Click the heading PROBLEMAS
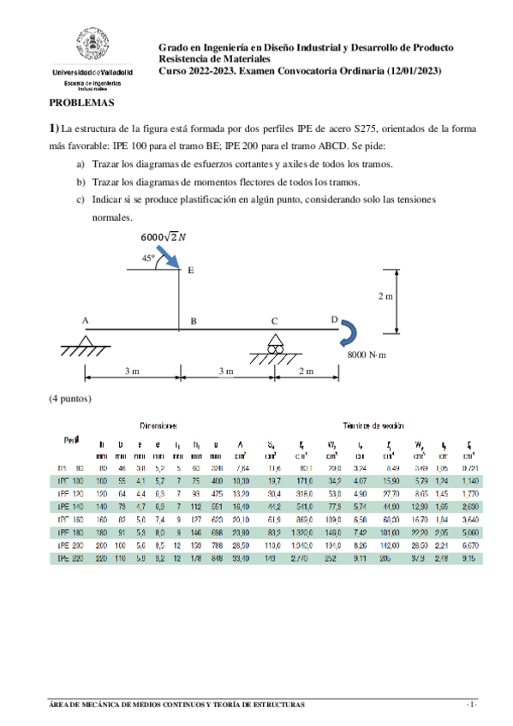click(81, 102)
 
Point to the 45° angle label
click(149, 257)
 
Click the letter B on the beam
click(194, 321)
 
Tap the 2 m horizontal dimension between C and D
click(306, 371)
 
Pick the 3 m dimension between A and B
click(132, 371)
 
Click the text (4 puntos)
click(70, 398)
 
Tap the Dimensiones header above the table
click(159, 425)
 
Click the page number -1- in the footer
click(471, 704)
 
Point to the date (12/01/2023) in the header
click(414, 71)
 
